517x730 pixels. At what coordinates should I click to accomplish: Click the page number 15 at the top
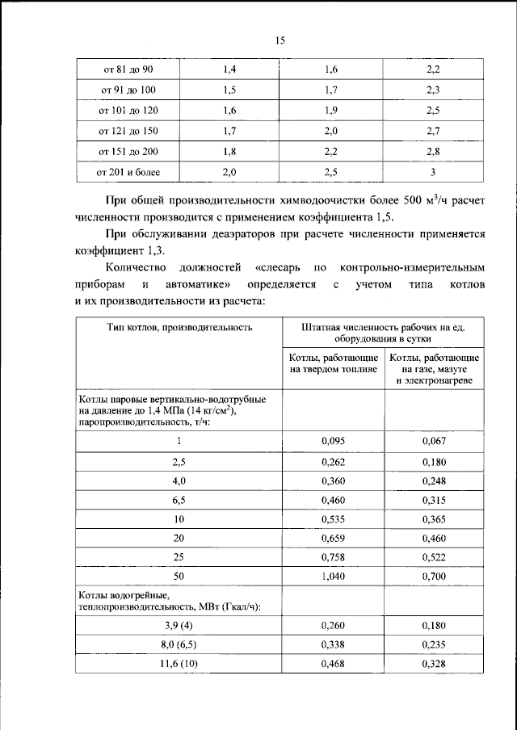(280, 40)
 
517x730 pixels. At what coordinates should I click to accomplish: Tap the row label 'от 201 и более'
(128, 172)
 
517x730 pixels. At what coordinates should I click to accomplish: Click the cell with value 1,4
(229, 71)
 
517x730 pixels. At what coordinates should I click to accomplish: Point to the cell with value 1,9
(330, 111)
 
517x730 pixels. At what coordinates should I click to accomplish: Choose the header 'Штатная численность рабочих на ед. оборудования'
(382, 334)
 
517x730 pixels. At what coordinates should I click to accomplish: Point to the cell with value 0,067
(434, 442)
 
